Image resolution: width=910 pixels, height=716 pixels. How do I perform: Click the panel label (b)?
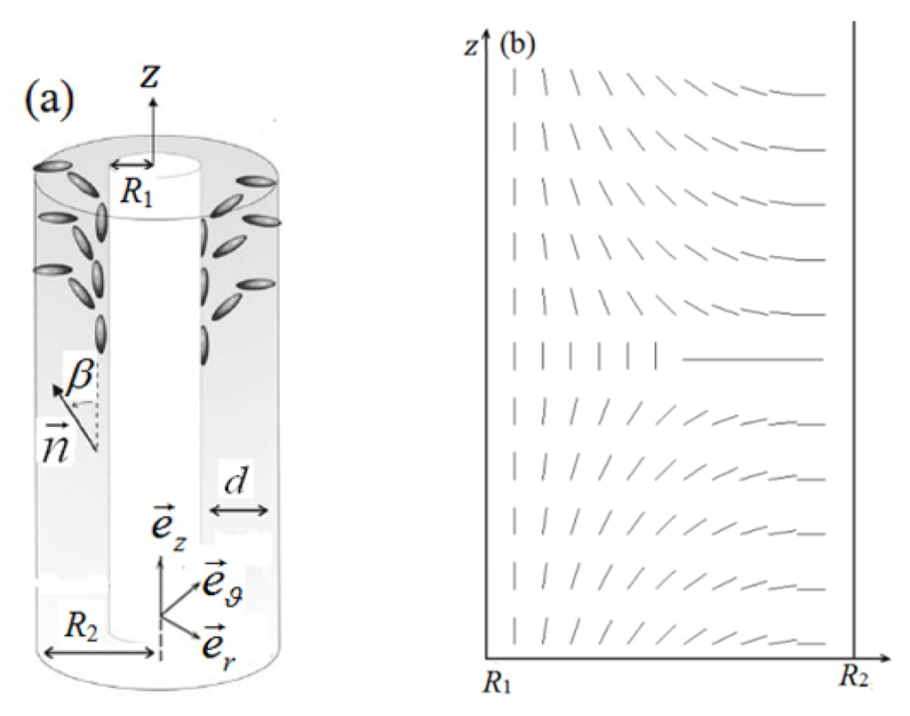pyautogui.click(x=518, y=45)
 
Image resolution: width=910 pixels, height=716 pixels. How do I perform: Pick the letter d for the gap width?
pyautogui.click(x=236, y=481)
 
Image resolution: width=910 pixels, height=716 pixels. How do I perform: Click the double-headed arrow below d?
pyautogui.click(x=237, y=510)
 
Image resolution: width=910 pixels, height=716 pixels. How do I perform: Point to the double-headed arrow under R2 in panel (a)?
pyautogui.click(x=99, y=653)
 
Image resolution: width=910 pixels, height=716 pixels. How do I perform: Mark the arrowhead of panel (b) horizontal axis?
pyautogui.click(x=885, y=659)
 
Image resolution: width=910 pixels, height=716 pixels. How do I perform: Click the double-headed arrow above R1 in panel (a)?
pyautogui.click(x=132, y=165)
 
